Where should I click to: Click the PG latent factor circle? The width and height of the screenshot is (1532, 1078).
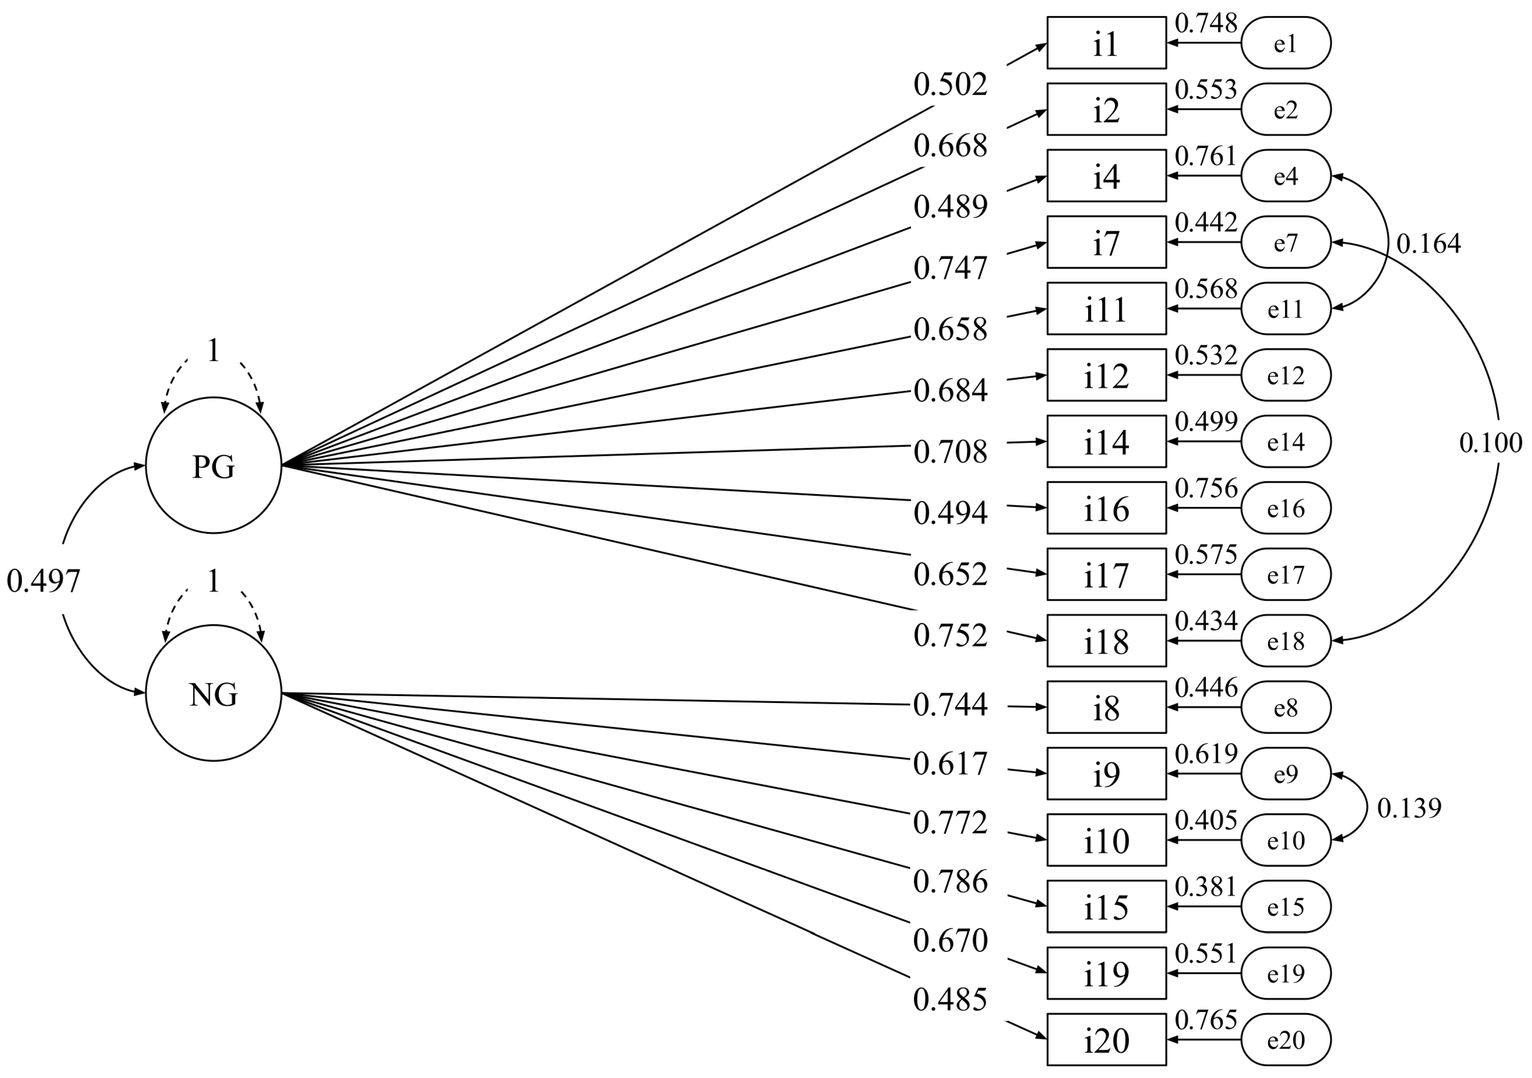tap(213, 465)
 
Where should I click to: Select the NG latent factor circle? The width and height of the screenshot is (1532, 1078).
tap(213, 693)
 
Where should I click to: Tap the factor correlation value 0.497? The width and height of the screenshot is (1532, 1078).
tap(43, 581)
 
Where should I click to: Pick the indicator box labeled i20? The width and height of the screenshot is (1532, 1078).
tap(1106, 1039)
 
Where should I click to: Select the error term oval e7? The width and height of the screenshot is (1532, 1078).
tap(1286, 242)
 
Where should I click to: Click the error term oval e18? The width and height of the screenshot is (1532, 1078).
tap(1286, 641)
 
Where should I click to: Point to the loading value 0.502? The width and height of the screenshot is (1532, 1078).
tap(950, 85)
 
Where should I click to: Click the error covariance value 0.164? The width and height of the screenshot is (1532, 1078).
tap(1428, 244)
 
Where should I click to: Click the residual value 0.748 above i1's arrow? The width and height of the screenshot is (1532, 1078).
tap(1206, 24)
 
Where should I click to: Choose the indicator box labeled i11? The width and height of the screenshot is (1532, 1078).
tap(1106, 309)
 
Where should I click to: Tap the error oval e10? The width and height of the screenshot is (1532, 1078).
tap(1286, 840)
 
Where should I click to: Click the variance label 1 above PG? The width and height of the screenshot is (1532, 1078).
tap(213, 350)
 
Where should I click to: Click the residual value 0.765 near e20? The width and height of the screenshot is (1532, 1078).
tap(1206, 1019)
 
